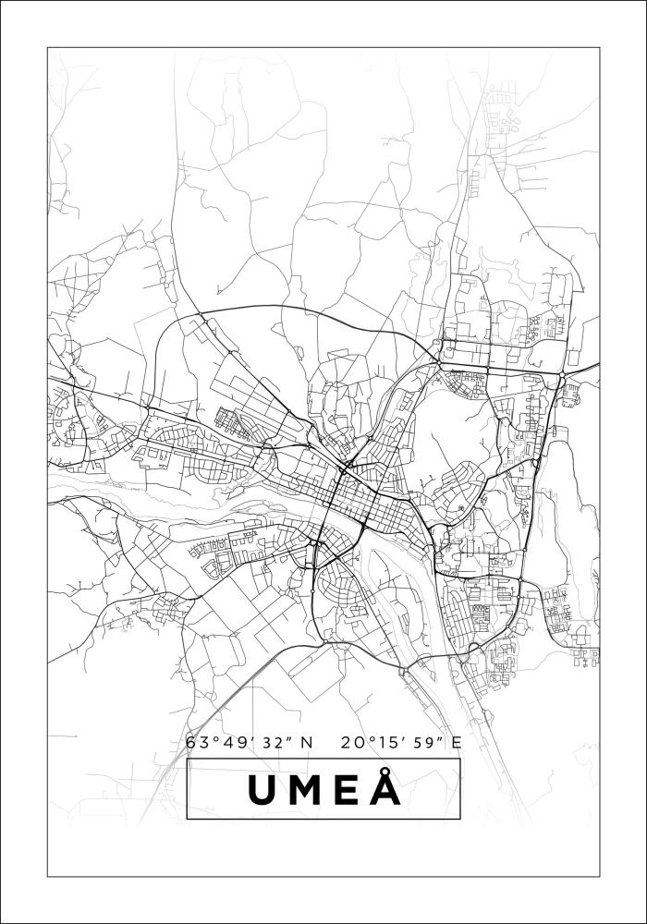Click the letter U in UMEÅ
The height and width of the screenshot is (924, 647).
click(x=261, y=790)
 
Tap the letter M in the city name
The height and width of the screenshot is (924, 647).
click(x=306, y=790)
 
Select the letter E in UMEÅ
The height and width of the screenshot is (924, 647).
click(x=348, y=790)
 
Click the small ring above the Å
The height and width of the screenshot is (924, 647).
click(x=386, y=771)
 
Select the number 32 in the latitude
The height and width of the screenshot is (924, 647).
click(x=263, y=742)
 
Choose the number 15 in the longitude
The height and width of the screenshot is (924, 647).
click(x=381, y=742)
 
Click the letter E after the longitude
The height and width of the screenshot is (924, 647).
click(x=457, y=742)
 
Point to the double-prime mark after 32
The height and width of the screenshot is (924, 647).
click(x=280, y=737)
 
